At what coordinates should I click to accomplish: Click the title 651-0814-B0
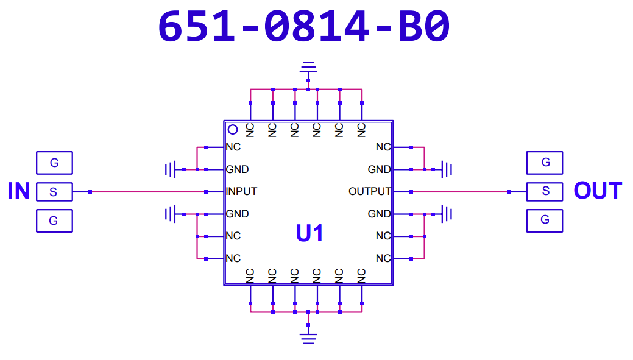304,27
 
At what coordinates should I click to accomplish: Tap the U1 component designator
309,233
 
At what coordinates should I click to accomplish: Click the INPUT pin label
241,191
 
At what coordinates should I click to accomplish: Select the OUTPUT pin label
369,191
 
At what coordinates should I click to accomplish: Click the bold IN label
19,191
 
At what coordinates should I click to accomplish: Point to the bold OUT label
597,191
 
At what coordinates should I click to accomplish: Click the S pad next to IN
54,192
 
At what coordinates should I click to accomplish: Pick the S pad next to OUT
545,191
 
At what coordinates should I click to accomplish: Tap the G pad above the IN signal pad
54,163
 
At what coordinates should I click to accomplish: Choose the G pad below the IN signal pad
54,221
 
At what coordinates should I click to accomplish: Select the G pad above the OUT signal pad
545,163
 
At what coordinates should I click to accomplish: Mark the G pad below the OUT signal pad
545,220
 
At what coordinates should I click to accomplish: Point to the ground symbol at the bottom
309,337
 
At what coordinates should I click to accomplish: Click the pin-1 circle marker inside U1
233,129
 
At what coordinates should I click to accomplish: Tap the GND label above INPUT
237,169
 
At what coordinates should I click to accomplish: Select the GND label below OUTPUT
379,214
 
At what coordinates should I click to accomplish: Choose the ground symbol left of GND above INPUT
170,169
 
